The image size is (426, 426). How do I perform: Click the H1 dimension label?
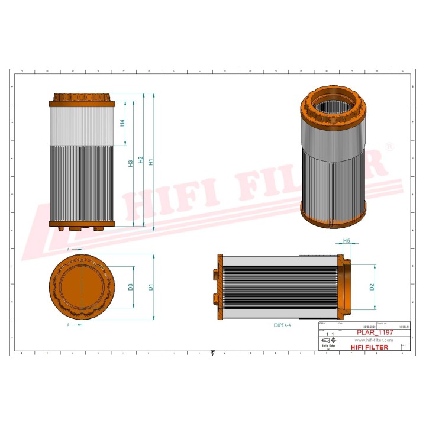[151, 162]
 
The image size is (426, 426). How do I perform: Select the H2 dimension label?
[141, 160]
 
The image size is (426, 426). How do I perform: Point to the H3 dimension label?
[130, 164]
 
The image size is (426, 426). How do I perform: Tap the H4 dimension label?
[122, 123]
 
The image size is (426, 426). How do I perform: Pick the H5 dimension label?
[347, 241]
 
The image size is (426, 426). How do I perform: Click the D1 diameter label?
[151, 287]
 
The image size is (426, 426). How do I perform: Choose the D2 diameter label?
[372, 287]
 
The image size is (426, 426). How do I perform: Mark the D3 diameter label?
[130, 287]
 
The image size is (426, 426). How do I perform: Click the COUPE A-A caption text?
[282, 325]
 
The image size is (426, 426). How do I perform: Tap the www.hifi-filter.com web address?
[373, 340]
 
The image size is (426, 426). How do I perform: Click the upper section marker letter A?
[68, 250]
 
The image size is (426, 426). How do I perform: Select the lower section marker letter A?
[68, 325]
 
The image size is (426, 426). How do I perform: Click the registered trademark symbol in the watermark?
[389, 146]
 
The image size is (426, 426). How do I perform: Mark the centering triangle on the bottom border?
[213, 353]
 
